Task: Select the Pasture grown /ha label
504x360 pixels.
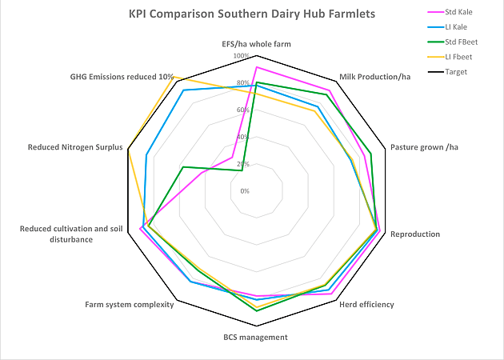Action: (424, 147)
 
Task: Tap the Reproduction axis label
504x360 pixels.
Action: (414, 234)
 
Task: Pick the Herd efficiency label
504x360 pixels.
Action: (366, 305)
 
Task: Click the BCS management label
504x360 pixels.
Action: (255, 337)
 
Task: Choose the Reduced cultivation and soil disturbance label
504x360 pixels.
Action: (66, 234)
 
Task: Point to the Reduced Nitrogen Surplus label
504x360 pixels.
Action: (75, 147)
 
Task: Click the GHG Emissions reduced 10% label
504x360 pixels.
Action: (122, 77)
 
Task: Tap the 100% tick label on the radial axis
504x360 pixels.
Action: (241, 56)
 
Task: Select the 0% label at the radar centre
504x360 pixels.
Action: (245, 191)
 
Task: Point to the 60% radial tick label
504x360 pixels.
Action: (242, 110)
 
